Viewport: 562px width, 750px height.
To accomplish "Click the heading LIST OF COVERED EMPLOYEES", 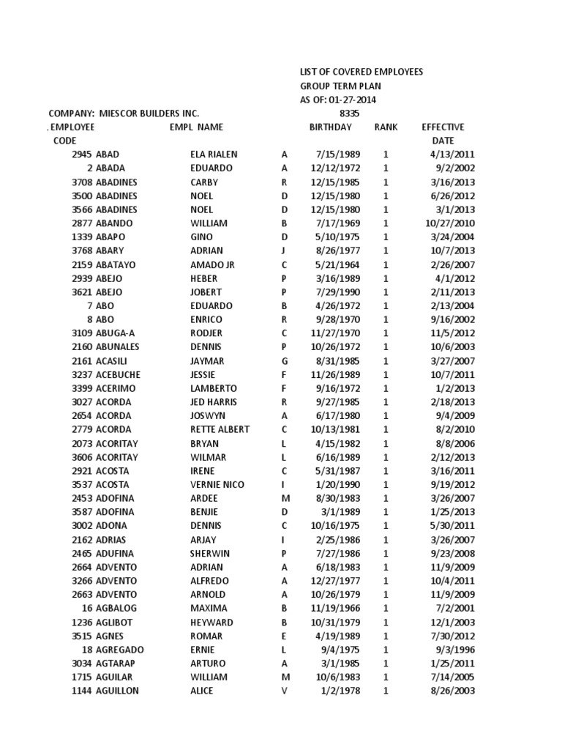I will pos(361,72).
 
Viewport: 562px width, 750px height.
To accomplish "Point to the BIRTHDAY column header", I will pos(330,127).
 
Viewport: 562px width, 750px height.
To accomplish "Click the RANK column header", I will pos(386,127).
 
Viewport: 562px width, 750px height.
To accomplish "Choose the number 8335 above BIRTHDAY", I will pos(350,114).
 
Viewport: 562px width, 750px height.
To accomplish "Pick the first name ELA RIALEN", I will pos(214,155).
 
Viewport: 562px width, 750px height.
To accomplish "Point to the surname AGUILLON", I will pos(117,691).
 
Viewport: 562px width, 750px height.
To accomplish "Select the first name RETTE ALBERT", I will pos(220,429).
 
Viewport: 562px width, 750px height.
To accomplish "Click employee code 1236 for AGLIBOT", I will pos(82,622).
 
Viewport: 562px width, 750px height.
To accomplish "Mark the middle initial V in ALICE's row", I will pos(285,691).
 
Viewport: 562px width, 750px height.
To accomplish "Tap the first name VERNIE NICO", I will pos(217,484).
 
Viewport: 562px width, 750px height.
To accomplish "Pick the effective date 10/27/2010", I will pos(450,223).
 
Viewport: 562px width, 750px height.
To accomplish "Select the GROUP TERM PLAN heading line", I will pos(340,86).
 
